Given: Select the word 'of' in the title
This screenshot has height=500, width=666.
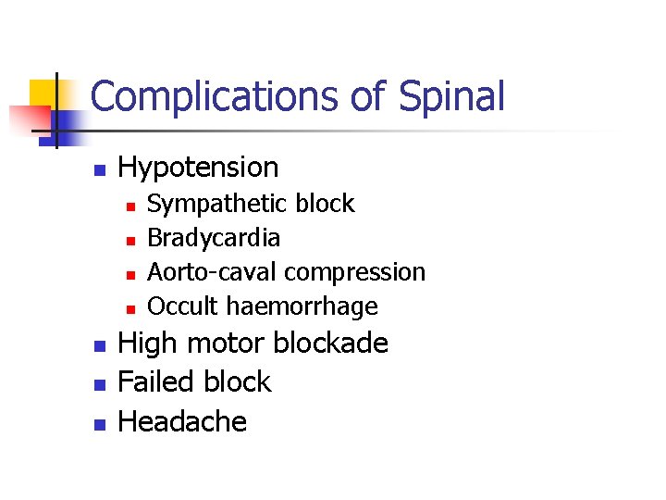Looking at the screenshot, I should click(x=365, y=96).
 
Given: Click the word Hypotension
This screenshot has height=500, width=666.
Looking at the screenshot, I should click(x=198, y=168).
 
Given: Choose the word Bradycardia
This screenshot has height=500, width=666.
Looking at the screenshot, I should click(x=214, y=238).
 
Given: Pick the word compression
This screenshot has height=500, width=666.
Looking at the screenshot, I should click(x=355, y=273).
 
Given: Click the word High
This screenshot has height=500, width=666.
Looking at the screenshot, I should click(x=149, y=344).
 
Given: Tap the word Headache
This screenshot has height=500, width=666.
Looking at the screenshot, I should click(x=182, y=422).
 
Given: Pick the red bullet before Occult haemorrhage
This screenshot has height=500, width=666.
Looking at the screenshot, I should click(x=130, y=308).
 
